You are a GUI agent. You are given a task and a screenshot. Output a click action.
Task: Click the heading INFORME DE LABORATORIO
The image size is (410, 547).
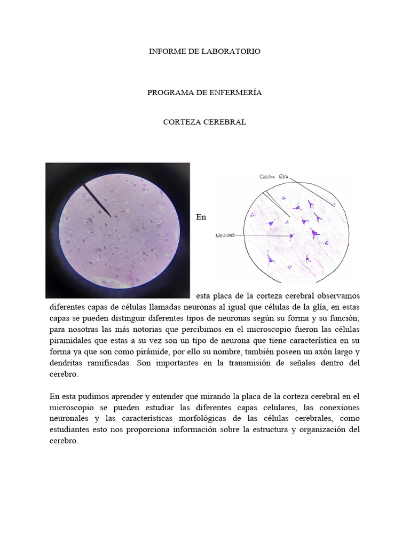pyautogui.click(x=204, y=51)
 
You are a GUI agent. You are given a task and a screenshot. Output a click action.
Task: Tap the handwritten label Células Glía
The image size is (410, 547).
pyautogui.click(x=274, y=177)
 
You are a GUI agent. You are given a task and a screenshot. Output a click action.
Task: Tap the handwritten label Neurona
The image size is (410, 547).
pyautogui.click(x=226, y=235)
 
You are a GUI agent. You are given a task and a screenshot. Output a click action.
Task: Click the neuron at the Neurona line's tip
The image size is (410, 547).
pyautogui.click(x=291, y=236)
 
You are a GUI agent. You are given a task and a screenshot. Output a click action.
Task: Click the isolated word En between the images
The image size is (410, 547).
pyautogui.click(x=201, y=217)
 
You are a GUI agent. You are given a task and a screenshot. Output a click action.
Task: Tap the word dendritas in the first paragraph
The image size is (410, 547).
pyautogui.click(x=68, y=363)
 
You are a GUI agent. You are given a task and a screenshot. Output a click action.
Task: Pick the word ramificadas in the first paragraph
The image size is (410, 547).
pyautogui.click(x=110, y=363)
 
